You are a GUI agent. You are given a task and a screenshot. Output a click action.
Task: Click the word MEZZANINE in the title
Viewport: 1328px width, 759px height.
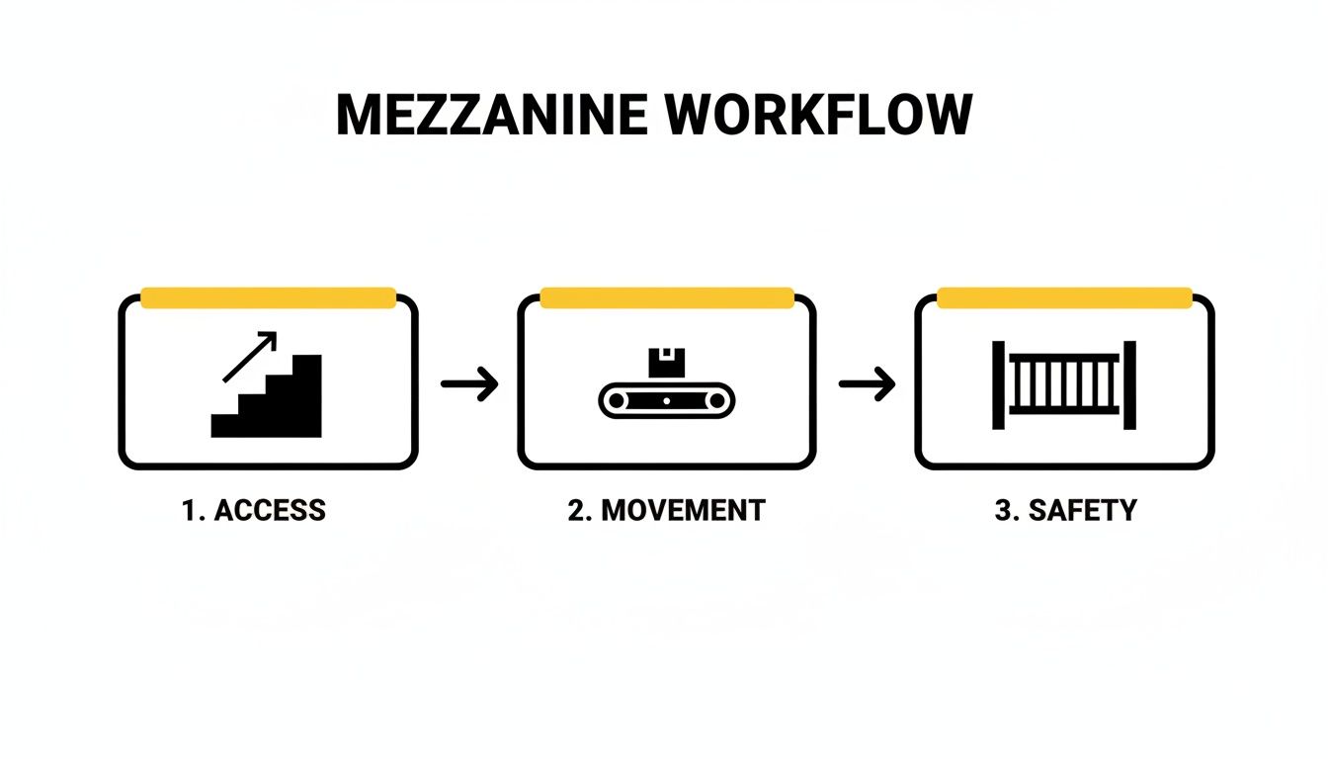click(x=491, y=117)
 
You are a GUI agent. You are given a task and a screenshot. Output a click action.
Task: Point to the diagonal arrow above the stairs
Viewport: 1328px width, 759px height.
click(x=248, y=357)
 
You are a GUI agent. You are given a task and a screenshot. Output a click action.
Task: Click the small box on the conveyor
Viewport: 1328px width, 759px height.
click(x=667, y=362)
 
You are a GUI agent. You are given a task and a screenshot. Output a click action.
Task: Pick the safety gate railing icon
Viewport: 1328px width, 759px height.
click(x=1064, y=384)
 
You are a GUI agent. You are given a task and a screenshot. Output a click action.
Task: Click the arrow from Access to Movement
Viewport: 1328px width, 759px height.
click(x=469, y=384)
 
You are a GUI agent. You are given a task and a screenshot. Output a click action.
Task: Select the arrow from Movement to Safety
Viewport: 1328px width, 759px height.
click(x=867, y=384)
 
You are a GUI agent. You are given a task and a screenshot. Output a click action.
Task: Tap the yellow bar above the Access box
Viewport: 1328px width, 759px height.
click(x=268, y=298)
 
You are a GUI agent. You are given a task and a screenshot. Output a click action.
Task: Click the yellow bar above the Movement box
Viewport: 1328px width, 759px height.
click(x=667, y=298)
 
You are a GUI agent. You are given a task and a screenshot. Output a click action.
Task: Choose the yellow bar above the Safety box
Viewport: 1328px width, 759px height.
click(x=1064, y=298)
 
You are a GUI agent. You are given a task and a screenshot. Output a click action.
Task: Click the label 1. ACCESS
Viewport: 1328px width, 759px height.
click(x=253, y=511)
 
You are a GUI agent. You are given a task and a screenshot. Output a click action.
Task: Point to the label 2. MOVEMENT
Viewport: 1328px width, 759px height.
click(x=666, y=511)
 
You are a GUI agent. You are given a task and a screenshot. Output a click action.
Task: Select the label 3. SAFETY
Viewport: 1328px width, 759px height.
click(x=1065, y=511)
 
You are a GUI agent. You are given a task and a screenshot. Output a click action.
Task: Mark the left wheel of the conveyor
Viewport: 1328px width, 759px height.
click(x=617, y=400)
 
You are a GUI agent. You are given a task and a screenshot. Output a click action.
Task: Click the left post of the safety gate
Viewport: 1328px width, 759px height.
click(x=998, y=384)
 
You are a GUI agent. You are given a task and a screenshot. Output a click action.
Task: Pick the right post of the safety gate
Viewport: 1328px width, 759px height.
click(x=1129, y=384)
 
